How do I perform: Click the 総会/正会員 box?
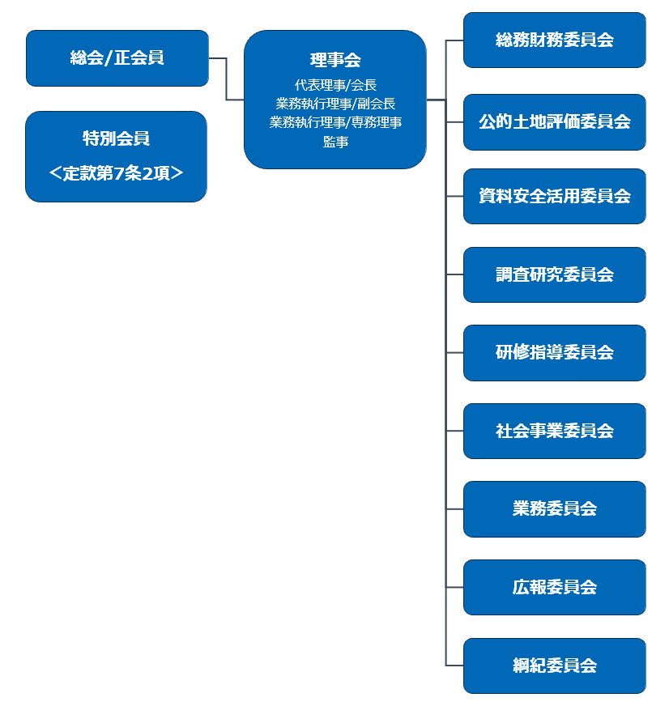[117, 57]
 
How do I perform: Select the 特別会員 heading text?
[116, 138]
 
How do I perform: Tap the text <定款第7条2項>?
[116, 172]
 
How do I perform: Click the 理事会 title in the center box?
[334, 60]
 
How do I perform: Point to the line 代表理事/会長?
[334, 85]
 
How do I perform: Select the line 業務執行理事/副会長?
[334, 104]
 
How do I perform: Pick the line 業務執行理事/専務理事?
[334, 122]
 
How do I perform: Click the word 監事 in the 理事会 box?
[334, 142]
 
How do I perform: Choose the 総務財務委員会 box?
[554, 40]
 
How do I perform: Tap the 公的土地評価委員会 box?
[554, 122]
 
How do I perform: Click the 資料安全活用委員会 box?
[554, 196]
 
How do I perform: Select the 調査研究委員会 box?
[554, 274]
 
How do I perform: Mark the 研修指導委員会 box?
[554, 352]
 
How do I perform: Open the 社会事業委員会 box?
[554, 431]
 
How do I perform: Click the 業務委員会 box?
[554, 508]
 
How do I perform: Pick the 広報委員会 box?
[554, 587]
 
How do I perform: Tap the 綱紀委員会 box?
[554, 666]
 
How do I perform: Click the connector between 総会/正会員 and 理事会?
[226, 79]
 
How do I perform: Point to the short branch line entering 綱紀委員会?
[454, 666]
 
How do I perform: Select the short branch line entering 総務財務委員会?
[454, 40]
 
